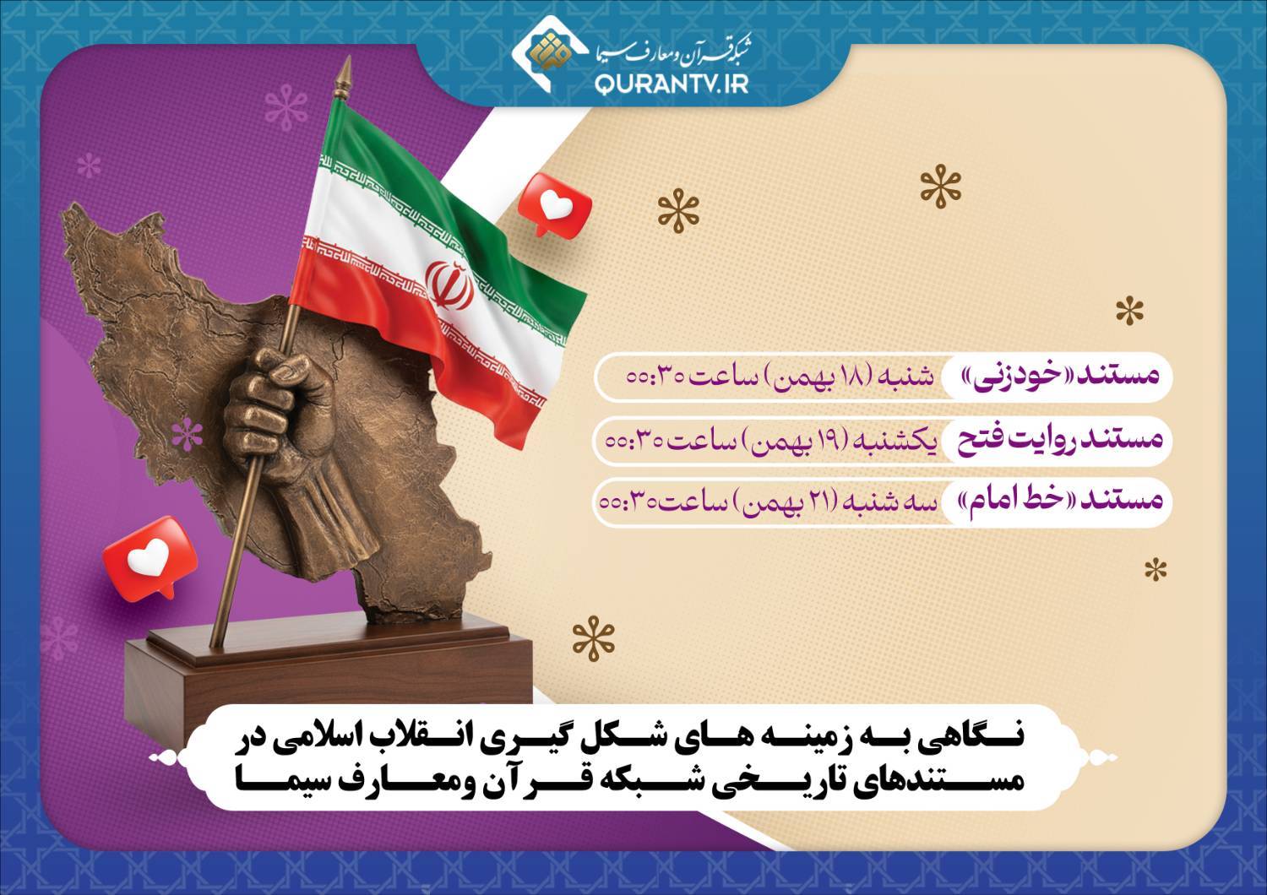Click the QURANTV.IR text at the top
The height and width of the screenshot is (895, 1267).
672,84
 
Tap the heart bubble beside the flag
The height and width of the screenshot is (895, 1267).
555,204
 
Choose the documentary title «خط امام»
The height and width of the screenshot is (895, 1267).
1009,501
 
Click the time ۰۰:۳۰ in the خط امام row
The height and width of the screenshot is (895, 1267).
626,502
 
